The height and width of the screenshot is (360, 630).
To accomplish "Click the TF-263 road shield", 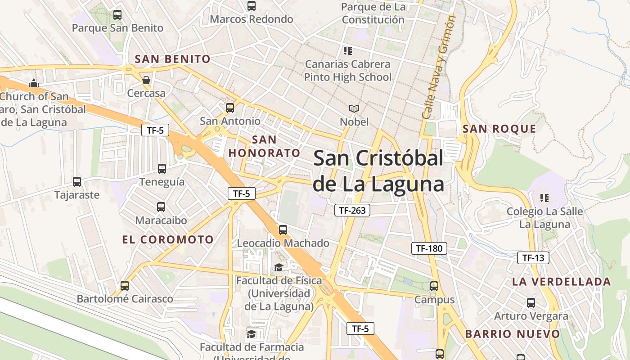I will point(352,210).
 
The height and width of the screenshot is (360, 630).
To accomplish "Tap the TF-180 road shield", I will point(429,248).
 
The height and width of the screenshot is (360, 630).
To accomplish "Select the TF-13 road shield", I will point(533,258).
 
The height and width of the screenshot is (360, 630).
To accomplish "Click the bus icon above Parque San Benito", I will point(117,14).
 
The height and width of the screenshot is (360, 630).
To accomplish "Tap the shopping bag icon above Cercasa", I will point(146,80).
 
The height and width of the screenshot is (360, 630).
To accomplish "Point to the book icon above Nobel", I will point(354,108).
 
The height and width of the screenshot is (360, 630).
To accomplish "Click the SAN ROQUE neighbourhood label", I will point(499,129).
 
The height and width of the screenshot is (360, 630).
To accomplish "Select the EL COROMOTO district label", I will point(168,239).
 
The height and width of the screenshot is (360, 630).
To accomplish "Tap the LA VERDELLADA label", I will point(562,282).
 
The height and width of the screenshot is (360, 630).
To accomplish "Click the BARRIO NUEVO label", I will point(513,334).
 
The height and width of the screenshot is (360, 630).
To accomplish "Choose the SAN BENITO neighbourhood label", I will point(173,59).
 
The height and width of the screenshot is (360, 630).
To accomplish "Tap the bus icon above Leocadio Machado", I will point(283,229).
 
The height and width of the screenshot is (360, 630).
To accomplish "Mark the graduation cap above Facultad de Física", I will point(279,268).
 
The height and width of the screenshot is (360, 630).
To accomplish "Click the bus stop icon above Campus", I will point(434,286).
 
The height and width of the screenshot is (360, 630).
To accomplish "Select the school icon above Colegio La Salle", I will point(544,198).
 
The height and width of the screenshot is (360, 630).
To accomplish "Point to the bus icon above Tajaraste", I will point(77,182).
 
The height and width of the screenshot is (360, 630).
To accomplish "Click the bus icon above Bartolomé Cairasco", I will point(125,285).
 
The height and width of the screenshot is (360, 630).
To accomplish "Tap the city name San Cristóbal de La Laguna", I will point(378,171).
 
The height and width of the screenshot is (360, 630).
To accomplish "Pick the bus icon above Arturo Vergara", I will point(531,303).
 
